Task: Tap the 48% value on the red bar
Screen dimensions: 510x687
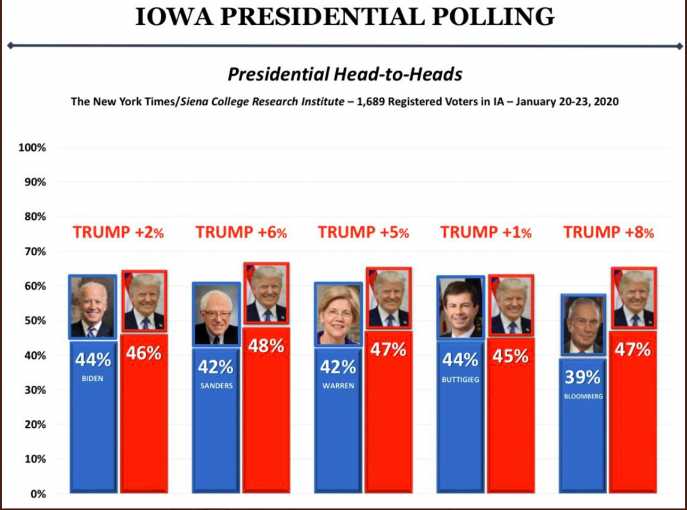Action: pos(266,346)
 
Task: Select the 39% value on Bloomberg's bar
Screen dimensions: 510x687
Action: pos(582,378)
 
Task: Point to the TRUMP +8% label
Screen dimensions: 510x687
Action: pos(608,232)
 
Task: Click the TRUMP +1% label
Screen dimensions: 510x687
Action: pos(486,232)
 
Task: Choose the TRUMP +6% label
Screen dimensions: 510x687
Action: pos(241,232)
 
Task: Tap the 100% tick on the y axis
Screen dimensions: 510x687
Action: pos(32,147)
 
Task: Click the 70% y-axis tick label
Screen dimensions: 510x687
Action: pos(34,252)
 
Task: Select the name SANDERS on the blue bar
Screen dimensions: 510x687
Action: pos(216,386)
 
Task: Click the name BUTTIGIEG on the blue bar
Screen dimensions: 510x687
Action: pos(461,380)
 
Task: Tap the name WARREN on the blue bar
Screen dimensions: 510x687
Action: pos(338,386)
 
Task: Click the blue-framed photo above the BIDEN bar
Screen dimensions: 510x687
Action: pos(92,307)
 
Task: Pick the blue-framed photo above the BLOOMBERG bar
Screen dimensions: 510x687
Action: pos(583,324)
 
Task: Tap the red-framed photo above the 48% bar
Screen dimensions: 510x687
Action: pos(267,293)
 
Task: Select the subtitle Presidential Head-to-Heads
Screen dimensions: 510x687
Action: pos(345,75)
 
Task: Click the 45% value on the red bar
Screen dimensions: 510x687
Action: pos(510,356)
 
